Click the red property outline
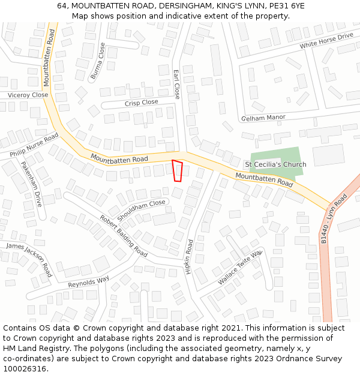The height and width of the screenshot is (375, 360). coord(177,170)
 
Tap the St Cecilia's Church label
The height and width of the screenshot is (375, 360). coord(275,164)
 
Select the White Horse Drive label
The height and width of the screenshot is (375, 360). coord(326,40)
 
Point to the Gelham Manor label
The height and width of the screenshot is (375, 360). coord(263,118)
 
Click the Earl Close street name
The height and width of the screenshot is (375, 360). coord(176,84)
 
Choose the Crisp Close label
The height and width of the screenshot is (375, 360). coord(142,103)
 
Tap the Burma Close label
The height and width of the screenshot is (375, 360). coord(98,61)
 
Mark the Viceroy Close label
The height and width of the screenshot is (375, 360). coord(28,95)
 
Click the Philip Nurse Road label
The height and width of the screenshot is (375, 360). coord(34,145)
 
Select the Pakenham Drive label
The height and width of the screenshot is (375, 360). coord(31,184)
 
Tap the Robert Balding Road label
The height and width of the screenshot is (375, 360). coord(124,236)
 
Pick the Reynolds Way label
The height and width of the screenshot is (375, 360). coord(89,281)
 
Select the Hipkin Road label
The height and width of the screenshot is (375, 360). coord(190,257)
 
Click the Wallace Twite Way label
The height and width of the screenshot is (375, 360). coord(239,268)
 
